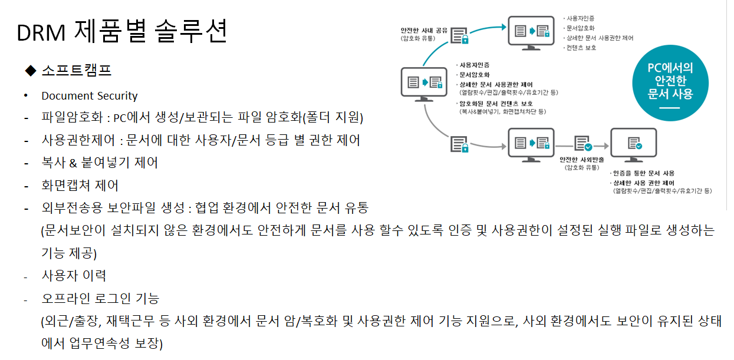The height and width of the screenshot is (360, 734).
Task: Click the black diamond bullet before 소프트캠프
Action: point(31,71)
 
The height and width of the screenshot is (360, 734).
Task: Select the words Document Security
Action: point(89,96)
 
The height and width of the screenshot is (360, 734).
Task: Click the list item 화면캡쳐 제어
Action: point(80,186)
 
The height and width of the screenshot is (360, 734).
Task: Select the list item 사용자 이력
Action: point(74,276)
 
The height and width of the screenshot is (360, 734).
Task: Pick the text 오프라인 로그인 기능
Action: point(100,299)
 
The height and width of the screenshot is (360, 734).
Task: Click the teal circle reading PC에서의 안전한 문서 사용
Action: point(670,83)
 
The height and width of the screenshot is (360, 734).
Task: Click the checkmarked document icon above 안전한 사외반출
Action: point(582,143)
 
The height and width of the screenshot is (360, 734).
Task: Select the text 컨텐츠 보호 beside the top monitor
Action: point(580,48)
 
